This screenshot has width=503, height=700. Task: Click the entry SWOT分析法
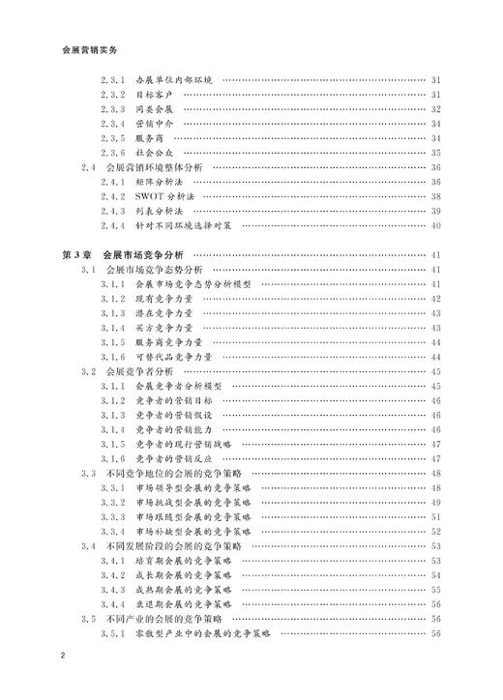[172, 195]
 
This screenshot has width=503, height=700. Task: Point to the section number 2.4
[88, 166]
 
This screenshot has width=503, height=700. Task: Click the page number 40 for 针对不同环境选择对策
[435, 225]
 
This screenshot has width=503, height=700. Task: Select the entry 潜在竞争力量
[163, 313]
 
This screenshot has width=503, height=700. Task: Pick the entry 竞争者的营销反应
[174, 458]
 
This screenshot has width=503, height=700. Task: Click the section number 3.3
[88, 473]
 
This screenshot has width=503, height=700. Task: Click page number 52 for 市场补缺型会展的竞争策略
[435, 531]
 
